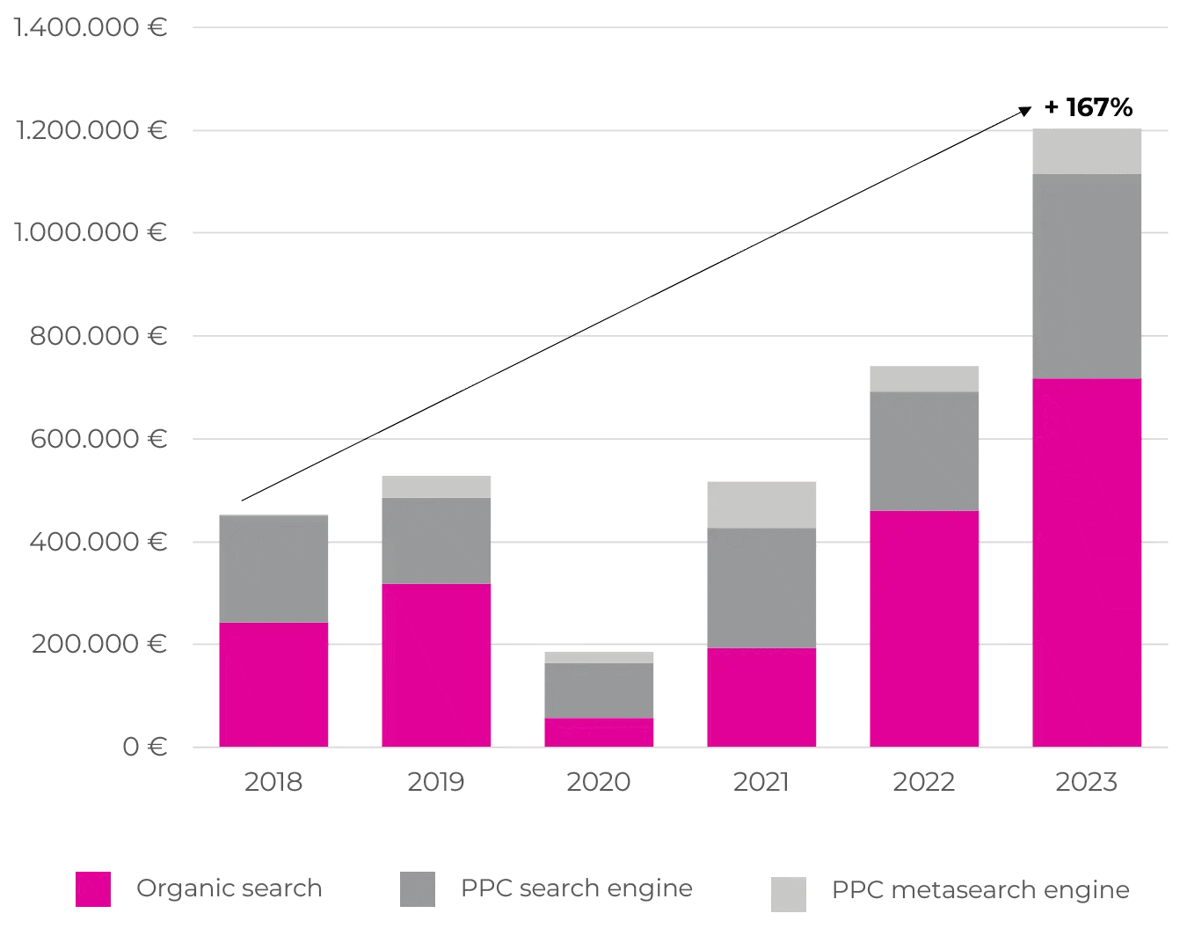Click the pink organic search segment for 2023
[x=1087, y=563]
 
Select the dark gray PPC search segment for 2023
[x=1087, y=276]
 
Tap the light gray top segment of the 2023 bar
[x=1087, y=151]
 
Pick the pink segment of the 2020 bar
[x=599, y=733]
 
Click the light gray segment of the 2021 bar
[x=761, y=504]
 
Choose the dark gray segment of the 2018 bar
[x=273, y=568]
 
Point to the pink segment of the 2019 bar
[x=436, y=665]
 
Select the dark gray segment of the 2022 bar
[x=924, y=451]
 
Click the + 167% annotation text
[x=1089, y=108]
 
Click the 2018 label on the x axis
[x=273, y=781]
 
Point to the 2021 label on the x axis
[x=761, y=781]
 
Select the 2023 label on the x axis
[x=1087, y=781]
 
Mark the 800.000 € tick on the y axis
[x=98, y=335]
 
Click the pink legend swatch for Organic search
[x=93, y=889]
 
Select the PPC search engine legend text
[x=577, y=888]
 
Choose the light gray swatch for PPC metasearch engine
[x=789, y=894]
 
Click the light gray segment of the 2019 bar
[x=436, y=486]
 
